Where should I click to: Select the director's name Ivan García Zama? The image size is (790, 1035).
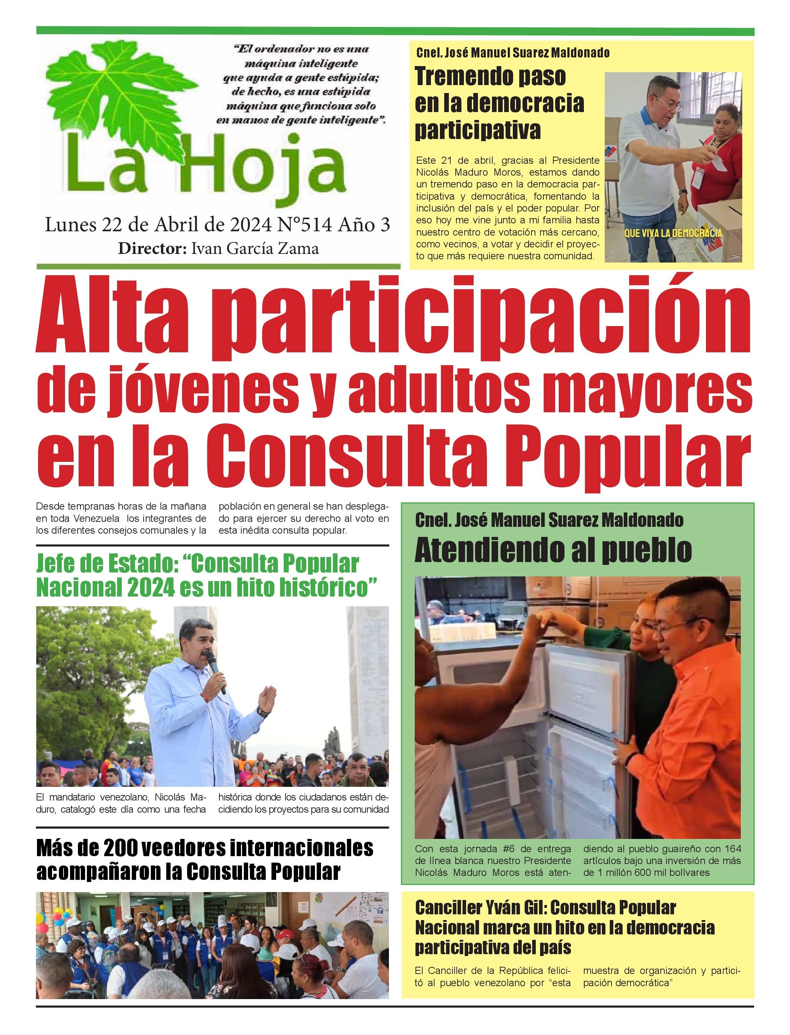pyautogui.click(x=254, y=248)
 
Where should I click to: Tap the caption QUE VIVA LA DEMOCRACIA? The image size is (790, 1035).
pyautogui.click(x=673, y=233)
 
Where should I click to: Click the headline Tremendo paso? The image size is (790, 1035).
pyautogui.click(x=491, y=76)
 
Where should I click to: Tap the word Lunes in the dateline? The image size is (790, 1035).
pyautogui.click(x=70, y=225)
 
